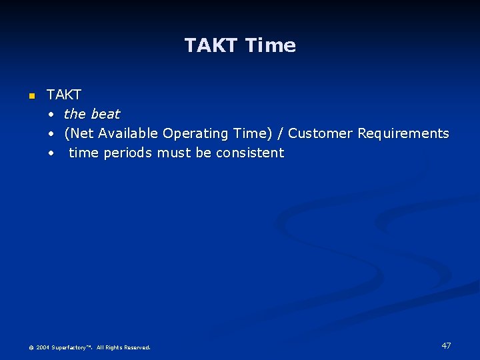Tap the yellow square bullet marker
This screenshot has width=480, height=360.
(31, 97)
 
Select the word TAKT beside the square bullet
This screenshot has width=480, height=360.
(63, 95)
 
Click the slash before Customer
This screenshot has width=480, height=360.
(281, 133)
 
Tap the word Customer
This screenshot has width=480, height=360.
(320, 133)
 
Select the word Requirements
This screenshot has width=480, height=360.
(403, 133)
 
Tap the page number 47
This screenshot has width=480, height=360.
(446, 345)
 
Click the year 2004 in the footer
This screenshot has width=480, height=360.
(43, 347)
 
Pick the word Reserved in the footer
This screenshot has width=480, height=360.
(136, 347)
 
